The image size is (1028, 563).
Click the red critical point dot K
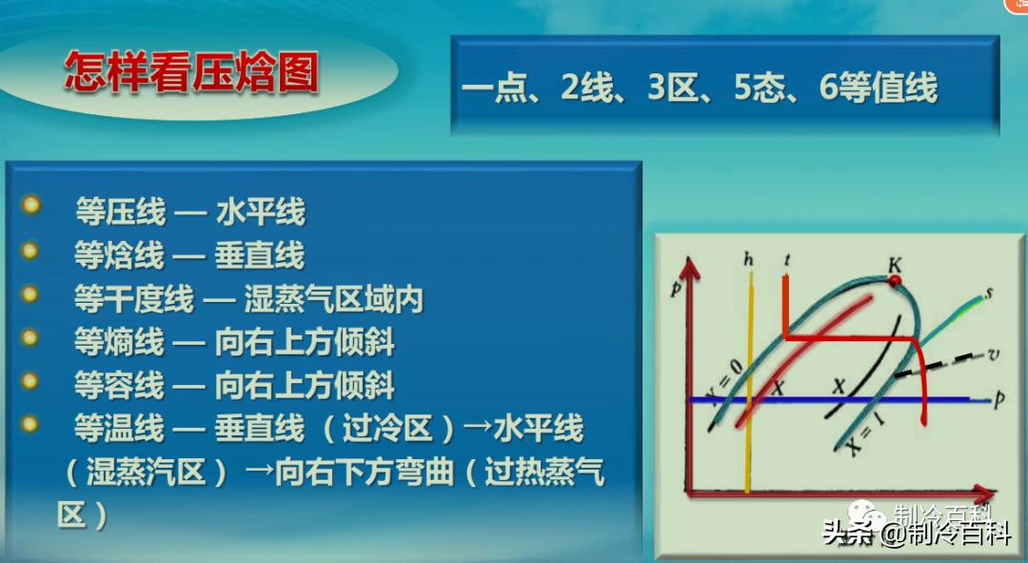[894, 281]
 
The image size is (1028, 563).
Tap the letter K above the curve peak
[894, 262]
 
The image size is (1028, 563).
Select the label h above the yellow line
[749, 259]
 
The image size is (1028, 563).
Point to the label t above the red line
[786, 259]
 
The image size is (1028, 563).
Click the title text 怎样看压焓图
[190, 73]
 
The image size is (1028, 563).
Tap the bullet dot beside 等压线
[30, 206]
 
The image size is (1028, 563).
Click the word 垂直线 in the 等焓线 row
[260, 255]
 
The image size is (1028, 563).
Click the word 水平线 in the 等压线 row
[260, 211]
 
